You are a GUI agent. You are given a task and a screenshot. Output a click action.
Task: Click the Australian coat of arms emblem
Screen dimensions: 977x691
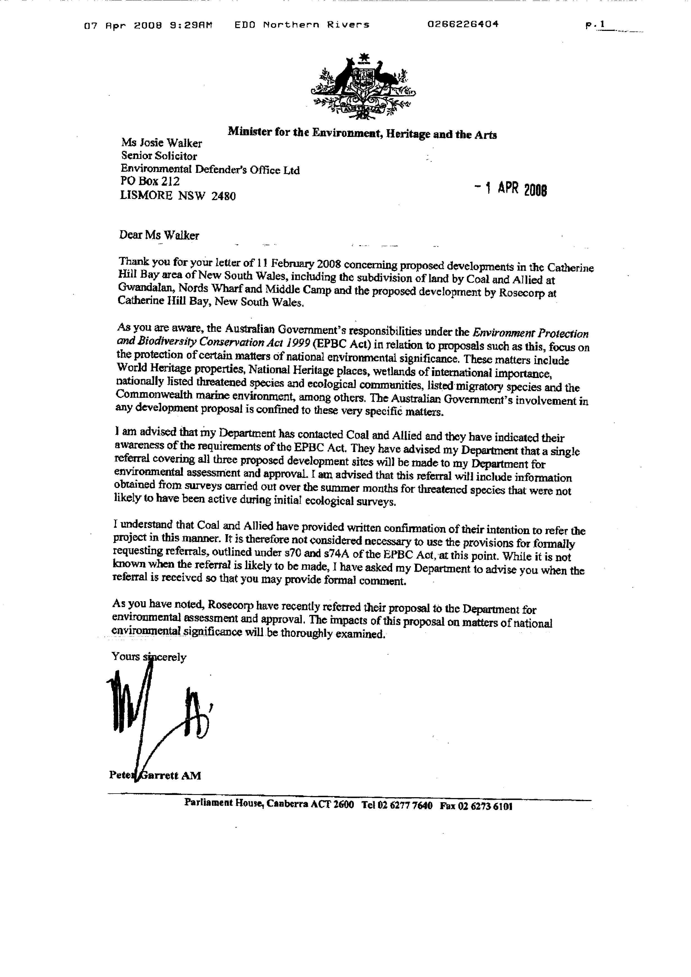pos(363,87)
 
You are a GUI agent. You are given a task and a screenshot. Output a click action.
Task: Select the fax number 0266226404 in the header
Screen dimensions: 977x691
pos(463,24)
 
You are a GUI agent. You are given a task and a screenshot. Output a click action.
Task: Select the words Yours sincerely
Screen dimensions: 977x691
pos(149,657)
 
